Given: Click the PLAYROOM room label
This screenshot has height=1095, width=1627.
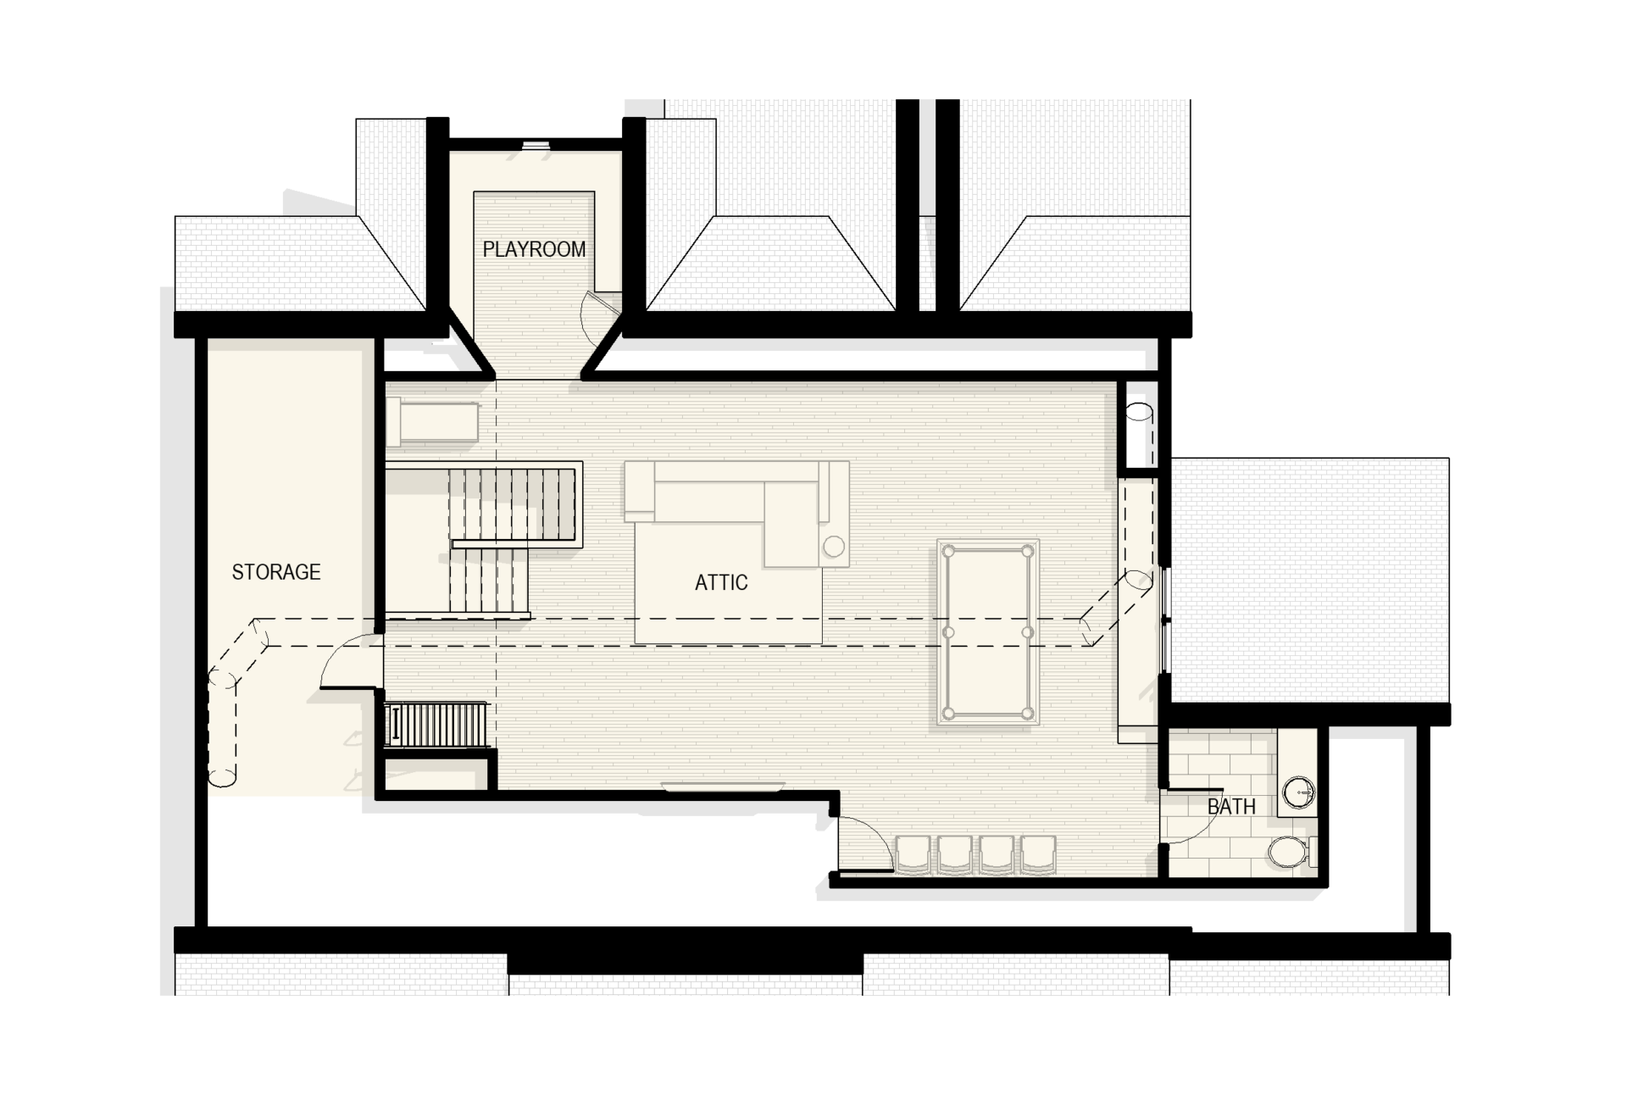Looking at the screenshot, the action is [x=534, y=249].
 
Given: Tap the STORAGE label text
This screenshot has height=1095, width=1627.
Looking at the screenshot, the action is [x=276, y=572].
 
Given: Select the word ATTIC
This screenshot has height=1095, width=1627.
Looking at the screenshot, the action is [x=721, y=582].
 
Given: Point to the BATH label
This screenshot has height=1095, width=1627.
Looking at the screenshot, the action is [x=1231, y=806].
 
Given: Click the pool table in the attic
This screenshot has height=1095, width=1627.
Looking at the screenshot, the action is [x=988, y=632].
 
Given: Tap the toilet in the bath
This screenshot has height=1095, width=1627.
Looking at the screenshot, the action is [x=1291, y=851].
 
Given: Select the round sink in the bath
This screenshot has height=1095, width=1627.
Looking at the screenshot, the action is [x=1298, y=793].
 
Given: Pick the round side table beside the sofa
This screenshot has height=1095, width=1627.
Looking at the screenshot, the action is [x=834, y=547].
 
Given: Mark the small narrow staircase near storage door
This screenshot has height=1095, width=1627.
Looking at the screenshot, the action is [x=436, y=724].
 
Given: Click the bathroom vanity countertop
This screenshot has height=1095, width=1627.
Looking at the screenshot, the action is [x=1297, y=771].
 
